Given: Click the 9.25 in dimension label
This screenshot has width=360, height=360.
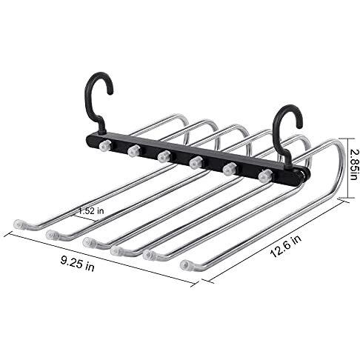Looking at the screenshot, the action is click(78, 264).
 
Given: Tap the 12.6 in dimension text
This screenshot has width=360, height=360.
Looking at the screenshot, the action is click(285, 246).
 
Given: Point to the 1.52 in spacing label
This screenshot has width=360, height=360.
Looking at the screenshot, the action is click(91, 210).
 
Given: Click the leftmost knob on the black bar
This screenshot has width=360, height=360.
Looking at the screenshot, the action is click(104, 145).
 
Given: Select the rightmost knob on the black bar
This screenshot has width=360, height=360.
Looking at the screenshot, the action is click(265, 176).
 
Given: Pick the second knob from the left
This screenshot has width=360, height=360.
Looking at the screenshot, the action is click(134, 150).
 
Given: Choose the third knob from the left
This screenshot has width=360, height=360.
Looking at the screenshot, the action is click(164, 156).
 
